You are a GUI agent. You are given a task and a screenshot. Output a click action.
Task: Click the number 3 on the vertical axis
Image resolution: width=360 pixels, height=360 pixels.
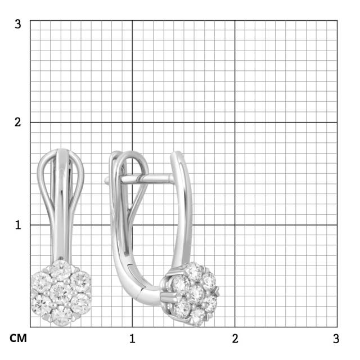[x=18, y=24]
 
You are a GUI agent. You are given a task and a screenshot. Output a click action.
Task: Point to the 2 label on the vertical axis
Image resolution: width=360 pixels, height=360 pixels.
[x=18, y=122]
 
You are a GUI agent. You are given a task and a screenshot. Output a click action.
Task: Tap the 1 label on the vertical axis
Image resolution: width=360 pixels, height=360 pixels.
[x=18, y=224]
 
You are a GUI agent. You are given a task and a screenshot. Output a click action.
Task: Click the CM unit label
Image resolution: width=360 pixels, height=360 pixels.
[x=18, y=339]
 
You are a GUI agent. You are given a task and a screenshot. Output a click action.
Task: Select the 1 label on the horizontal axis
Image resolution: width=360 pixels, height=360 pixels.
[x=132, y=339]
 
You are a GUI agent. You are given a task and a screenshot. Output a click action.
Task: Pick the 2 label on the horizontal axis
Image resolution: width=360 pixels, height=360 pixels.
[x=235, y=339]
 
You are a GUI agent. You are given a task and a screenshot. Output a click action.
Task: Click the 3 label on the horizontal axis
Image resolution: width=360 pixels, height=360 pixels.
[x=336, y=339]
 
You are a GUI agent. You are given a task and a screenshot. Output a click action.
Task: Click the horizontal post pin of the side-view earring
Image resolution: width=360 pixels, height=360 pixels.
[x=141, y=179]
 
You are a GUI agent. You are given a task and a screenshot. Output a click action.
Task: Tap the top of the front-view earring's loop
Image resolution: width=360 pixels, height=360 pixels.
[x=61, y=151]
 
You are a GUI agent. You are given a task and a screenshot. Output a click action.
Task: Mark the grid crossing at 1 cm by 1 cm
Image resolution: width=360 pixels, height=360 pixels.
[x=132, y=225]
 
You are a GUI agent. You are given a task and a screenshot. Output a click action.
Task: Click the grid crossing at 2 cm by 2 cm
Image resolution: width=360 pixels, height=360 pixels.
[x=235, y=123]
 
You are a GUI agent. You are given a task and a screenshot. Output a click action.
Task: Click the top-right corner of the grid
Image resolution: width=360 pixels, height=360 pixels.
[x=337, y=21]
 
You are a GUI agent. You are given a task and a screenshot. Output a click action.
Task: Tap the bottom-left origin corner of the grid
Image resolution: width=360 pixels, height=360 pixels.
[x=30, y=327]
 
